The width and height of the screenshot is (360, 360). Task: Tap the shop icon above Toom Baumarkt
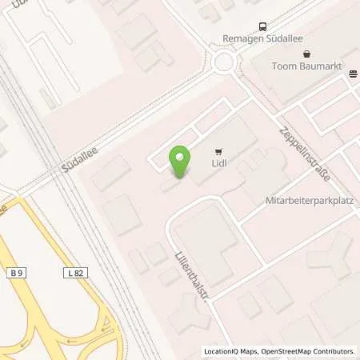point(305,54)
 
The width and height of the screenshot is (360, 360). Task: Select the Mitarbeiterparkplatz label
point(309,202)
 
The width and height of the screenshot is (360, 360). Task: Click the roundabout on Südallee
point(223,61)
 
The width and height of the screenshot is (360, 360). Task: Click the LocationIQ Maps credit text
point(230,351)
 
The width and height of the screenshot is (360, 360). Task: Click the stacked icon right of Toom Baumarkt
point(353,74)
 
